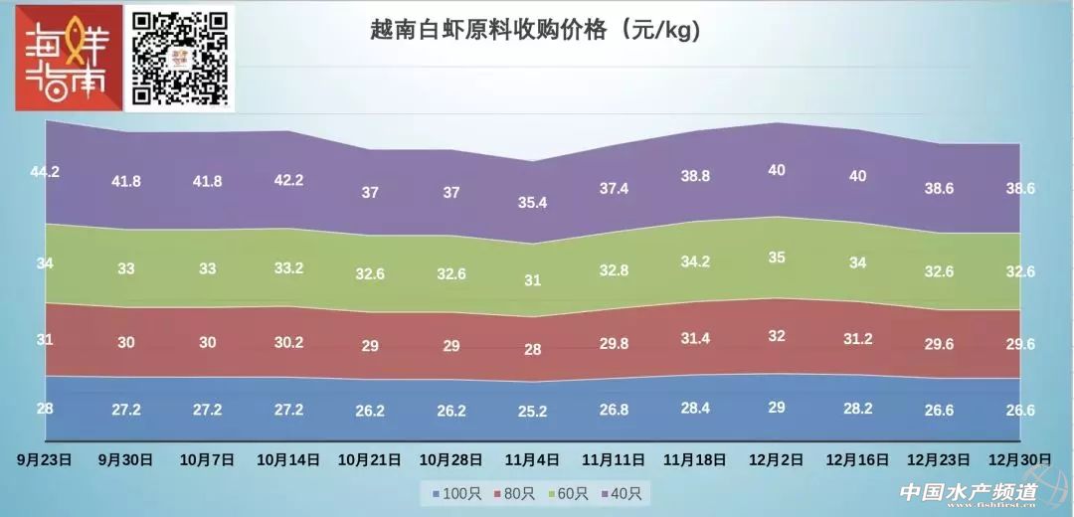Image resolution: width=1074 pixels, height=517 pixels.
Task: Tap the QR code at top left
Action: click(181, 58)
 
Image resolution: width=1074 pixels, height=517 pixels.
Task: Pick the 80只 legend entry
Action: click(512, 492)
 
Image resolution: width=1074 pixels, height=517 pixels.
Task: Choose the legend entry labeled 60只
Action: click(569, 492)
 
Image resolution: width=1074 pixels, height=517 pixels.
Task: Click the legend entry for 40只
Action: click(624, 492)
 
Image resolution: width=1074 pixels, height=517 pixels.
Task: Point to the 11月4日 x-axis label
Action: click(532, 459)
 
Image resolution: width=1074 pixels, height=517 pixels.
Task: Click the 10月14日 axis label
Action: click(288, 459)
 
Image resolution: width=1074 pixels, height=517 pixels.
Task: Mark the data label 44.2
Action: click(45, 172)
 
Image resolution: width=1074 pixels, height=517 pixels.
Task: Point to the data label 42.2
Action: click(288, 180)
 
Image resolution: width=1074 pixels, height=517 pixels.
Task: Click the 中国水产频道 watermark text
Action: click(968, 492)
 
